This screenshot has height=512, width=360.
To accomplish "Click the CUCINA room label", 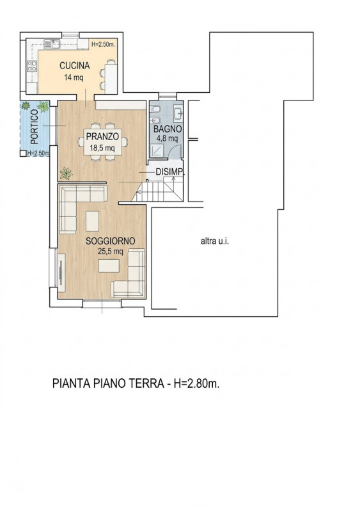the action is tap(74, 66).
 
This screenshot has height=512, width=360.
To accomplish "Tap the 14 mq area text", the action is tap(74, 77).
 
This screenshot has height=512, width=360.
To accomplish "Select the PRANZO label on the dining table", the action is tap(102, 136).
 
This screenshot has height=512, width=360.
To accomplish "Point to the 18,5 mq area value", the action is tap(102, 148).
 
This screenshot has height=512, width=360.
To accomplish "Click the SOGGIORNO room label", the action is tap(111, 241).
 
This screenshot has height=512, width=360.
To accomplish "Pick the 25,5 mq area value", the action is tap(111, 252).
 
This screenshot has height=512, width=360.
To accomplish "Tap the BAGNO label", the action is tap(168, 129).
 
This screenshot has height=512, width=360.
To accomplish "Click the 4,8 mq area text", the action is tap(167, 138).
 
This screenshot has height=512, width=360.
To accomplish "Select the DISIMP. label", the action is tap(170, 172).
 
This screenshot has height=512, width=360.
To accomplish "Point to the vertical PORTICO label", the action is tap(35, 127).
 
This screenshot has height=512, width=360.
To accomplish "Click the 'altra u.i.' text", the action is tap(214, 241).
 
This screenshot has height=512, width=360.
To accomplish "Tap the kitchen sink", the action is tap(52, 44).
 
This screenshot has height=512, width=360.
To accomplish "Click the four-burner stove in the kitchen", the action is tap(32, 66).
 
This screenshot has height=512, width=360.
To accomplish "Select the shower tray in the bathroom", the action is tap(155, 151).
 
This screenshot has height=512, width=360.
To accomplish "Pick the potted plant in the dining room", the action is tap(67, 173).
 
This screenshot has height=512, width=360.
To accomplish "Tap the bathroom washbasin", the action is tap(178, 113).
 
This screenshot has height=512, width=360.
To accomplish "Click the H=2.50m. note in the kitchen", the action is tap(103, 44).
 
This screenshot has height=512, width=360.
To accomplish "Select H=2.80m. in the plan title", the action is tap(196, 383).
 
